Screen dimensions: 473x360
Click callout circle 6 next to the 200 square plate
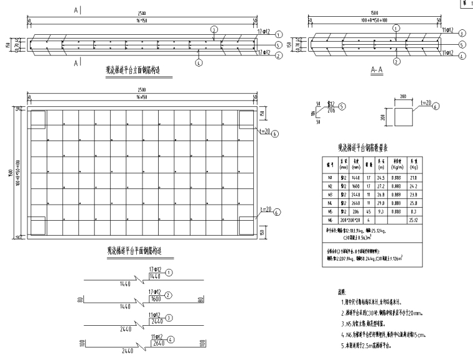tap(434, 107)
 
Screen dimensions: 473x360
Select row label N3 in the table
tap(330, 194)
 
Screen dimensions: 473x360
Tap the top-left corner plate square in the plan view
tap(37, 117)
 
